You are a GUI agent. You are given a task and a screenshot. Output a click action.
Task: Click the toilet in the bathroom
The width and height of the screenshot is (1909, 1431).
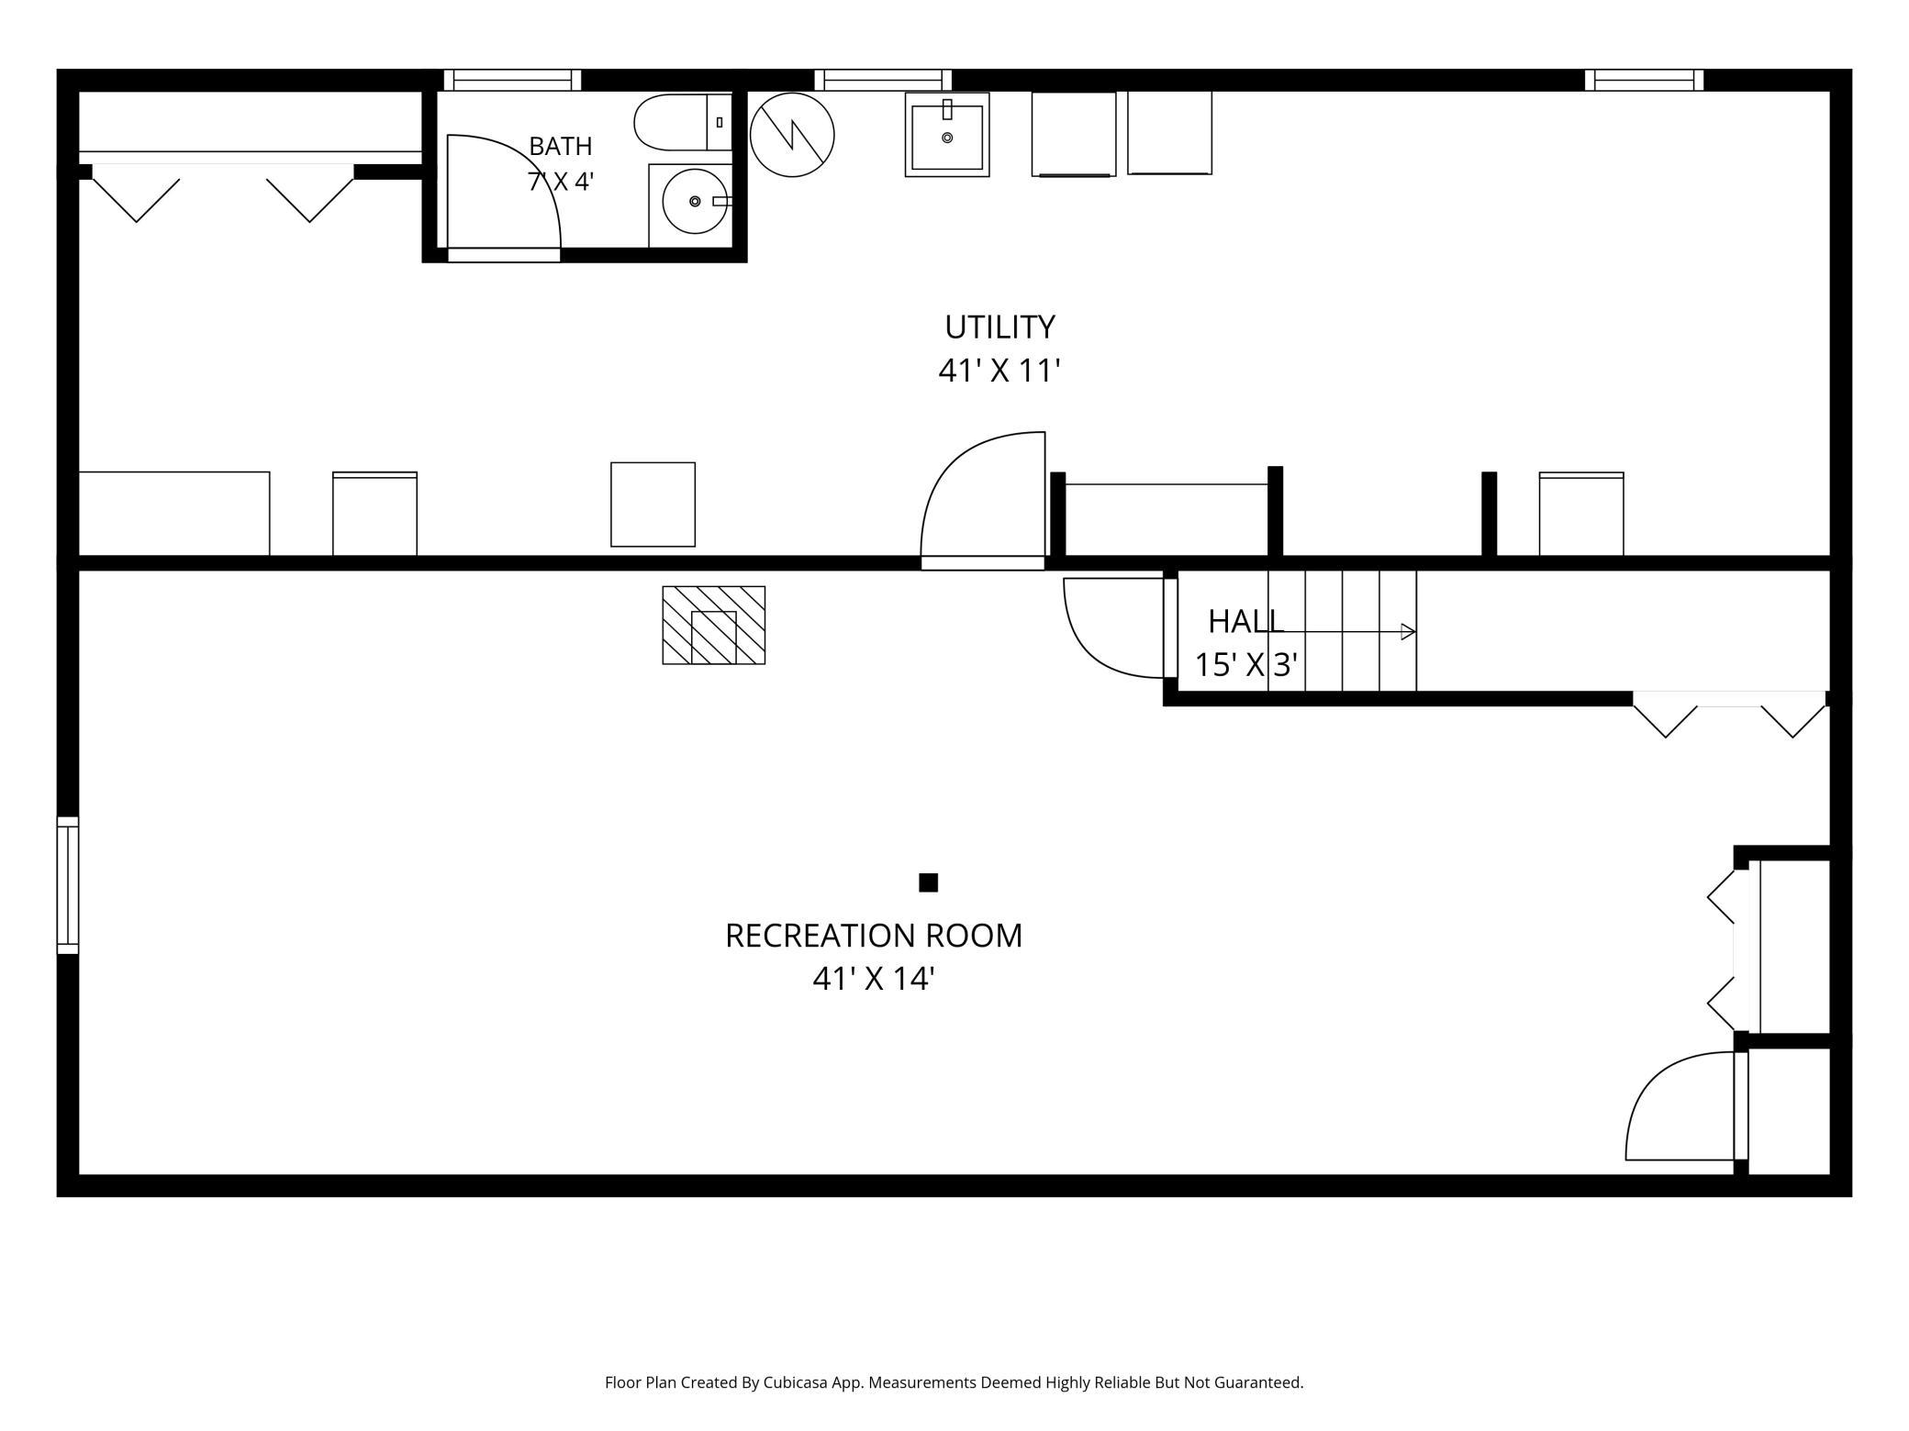683,122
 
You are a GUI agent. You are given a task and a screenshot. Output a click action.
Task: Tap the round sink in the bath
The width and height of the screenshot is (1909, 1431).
695,201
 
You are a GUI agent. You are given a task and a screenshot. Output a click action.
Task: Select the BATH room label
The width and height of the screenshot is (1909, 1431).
561,146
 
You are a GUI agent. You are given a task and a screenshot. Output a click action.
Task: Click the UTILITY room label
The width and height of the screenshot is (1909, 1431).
999,327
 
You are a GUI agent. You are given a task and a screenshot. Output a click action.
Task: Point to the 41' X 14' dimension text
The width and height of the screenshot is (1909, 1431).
873,979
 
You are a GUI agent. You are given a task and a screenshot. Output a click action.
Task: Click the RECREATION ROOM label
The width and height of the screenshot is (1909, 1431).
873,936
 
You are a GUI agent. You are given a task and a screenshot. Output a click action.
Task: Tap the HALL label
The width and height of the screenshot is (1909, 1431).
1245,621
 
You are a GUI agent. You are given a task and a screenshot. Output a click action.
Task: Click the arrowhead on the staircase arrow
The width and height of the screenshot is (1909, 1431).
1408,631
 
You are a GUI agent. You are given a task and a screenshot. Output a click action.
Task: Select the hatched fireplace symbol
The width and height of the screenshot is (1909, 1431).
713,625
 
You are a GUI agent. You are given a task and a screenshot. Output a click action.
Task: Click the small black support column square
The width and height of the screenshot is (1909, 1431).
928,882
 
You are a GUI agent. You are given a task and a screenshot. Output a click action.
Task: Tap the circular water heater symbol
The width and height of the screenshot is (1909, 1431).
791,135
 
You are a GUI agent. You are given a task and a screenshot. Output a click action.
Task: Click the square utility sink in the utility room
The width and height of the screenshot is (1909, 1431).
946,134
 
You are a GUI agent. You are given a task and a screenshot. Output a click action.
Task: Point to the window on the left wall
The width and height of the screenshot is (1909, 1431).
68,885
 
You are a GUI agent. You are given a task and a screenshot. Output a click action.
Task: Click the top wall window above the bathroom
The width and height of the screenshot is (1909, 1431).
512,80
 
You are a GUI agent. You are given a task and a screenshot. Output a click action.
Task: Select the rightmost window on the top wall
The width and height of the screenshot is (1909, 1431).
1644,80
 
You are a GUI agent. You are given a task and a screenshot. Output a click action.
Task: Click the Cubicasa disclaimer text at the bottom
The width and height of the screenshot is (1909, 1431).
954,1382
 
